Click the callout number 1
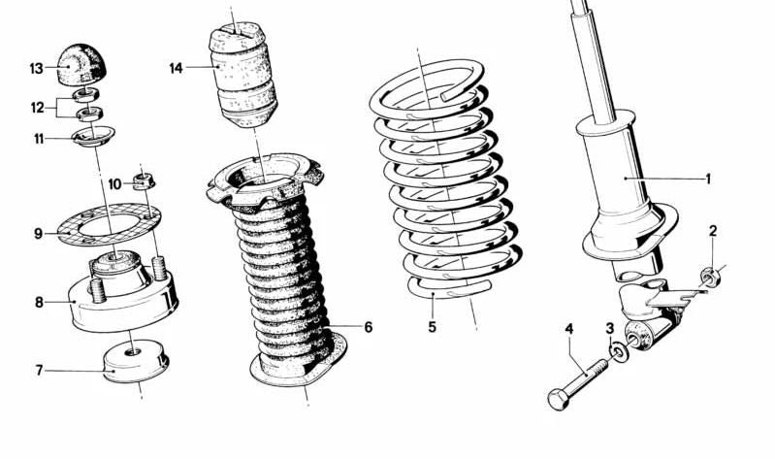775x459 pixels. coord(707,179)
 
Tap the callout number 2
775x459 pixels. coord(713,230)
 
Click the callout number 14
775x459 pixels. coord(176,68)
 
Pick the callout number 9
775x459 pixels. coord(38,234)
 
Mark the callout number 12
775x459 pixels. coord(37,107)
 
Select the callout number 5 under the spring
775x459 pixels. coord(432,327)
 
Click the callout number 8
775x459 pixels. coord(39,302)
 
